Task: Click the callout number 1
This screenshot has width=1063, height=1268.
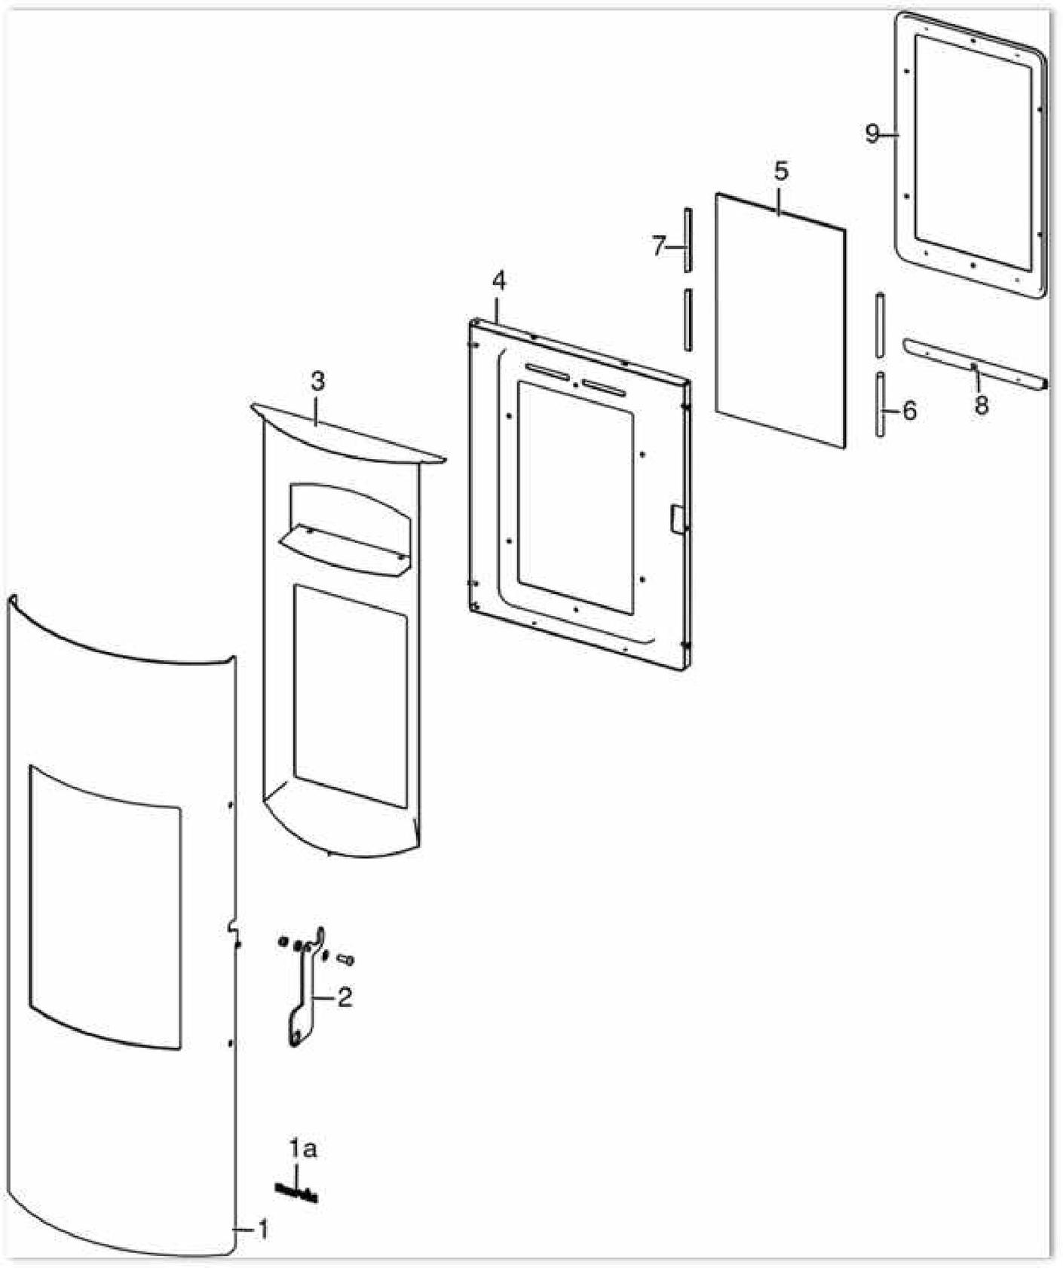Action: click(x=262, y=1230)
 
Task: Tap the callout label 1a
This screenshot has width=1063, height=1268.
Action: click(x=302, y=1149)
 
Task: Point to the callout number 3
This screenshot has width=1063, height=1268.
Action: click(x=317, y=381)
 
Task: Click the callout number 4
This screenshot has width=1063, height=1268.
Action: click(x=498, y=280)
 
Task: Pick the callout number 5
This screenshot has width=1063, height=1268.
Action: click(x=781, y=172)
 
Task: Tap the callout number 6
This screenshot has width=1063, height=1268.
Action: click(x=909, y=412)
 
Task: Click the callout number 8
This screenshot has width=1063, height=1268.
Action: click(x=981, y=406)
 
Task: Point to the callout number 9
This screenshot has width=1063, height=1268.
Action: click(x=872, y=134)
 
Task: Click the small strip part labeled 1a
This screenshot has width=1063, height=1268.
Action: click(x=296, y=1193)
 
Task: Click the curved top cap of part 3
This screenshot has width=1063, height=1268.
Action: click(x=348, y=432)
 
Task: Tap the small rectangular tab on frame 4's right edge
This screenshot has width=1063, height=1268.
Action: click(x=678, y=519)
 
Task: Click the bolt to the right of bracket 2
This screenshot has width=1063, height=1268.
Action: click(x=346, y=959)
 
